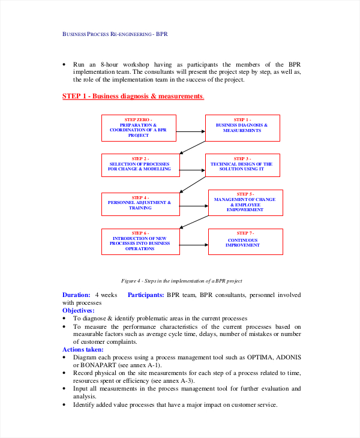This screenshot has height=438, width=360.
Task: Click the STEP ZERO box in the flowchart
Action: click(x=139, y=128)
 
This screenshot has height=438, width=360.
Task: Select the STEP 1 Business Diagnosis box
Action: click(x=242, y=128)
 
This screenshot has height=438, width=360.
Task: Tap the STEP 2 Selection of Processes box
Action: click(x=139, y=165)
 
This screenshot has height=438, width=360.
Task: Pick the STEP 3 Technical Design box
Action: click(x=242, y=165)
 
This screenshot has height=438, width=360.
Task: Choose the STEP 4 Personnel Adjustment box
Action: click(x=140, y=204)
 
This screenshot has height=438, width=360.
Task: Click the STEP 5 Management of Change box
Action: click(x=245, y=202)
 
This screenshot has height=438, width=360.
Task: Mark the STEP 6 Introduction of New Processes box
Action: click(x=140, y=241)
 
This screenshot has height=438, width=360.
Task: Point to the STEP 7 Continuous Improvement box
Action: click(x=245, y=241)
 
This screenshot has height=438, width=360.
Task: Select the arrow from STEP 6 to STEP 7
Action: click(x=193, y=245)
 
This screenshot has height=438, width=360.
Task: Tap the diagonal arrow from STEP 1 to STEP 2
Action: click(x=192, y=148)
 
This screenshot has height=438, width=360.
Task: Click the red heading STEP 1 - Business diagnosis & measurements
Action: click(x=133, y=96)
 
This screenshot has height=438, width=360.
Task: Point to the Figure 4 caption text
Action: click(x=181, y=280)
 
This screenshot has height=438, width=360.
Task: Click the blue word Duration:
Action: click(x=77, y=295)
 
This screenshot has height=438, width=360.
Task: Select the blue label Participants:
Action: click(x=146, y=295)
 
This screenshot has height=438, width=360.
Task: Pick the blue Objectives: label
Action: click(x=79, y=311)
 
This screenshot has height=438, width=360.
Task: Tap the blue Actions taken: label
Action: click(x=83, y=349)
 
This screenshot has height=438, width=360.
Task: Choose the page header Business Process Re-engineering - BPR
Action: click(x=115, y=34)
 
